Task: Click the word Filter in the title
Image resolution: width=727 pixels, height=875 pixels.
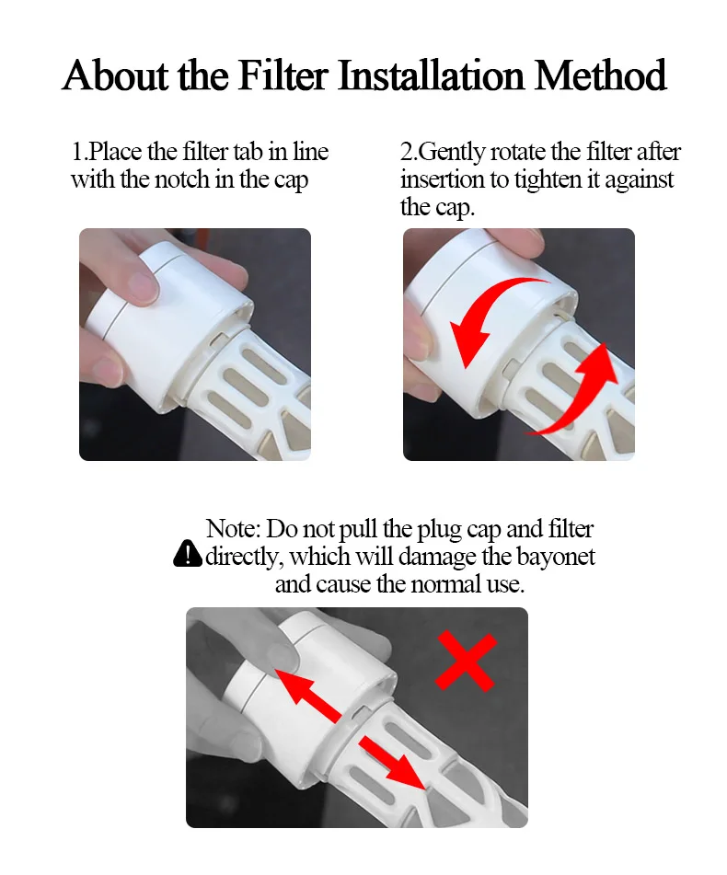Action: click(x=284, y=75)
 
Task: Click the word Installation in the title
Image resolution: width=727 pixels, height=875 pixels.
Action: click(x=432, y=75)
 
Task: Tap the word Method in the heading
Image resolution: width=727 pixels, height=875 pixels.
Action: click(x=600, y=75)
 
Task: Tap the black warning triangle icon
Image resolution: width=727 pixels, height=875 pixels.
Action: click(x=188, y=554)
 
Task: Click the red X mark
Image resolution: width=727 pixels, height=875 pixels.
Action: click(x=466, y=662)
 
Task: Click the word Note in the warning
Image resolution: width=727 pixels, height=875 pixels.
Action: click(x=232, y=528)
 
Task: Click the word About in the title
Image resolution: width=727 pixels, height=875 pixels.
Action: click(x=115, y=75)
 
